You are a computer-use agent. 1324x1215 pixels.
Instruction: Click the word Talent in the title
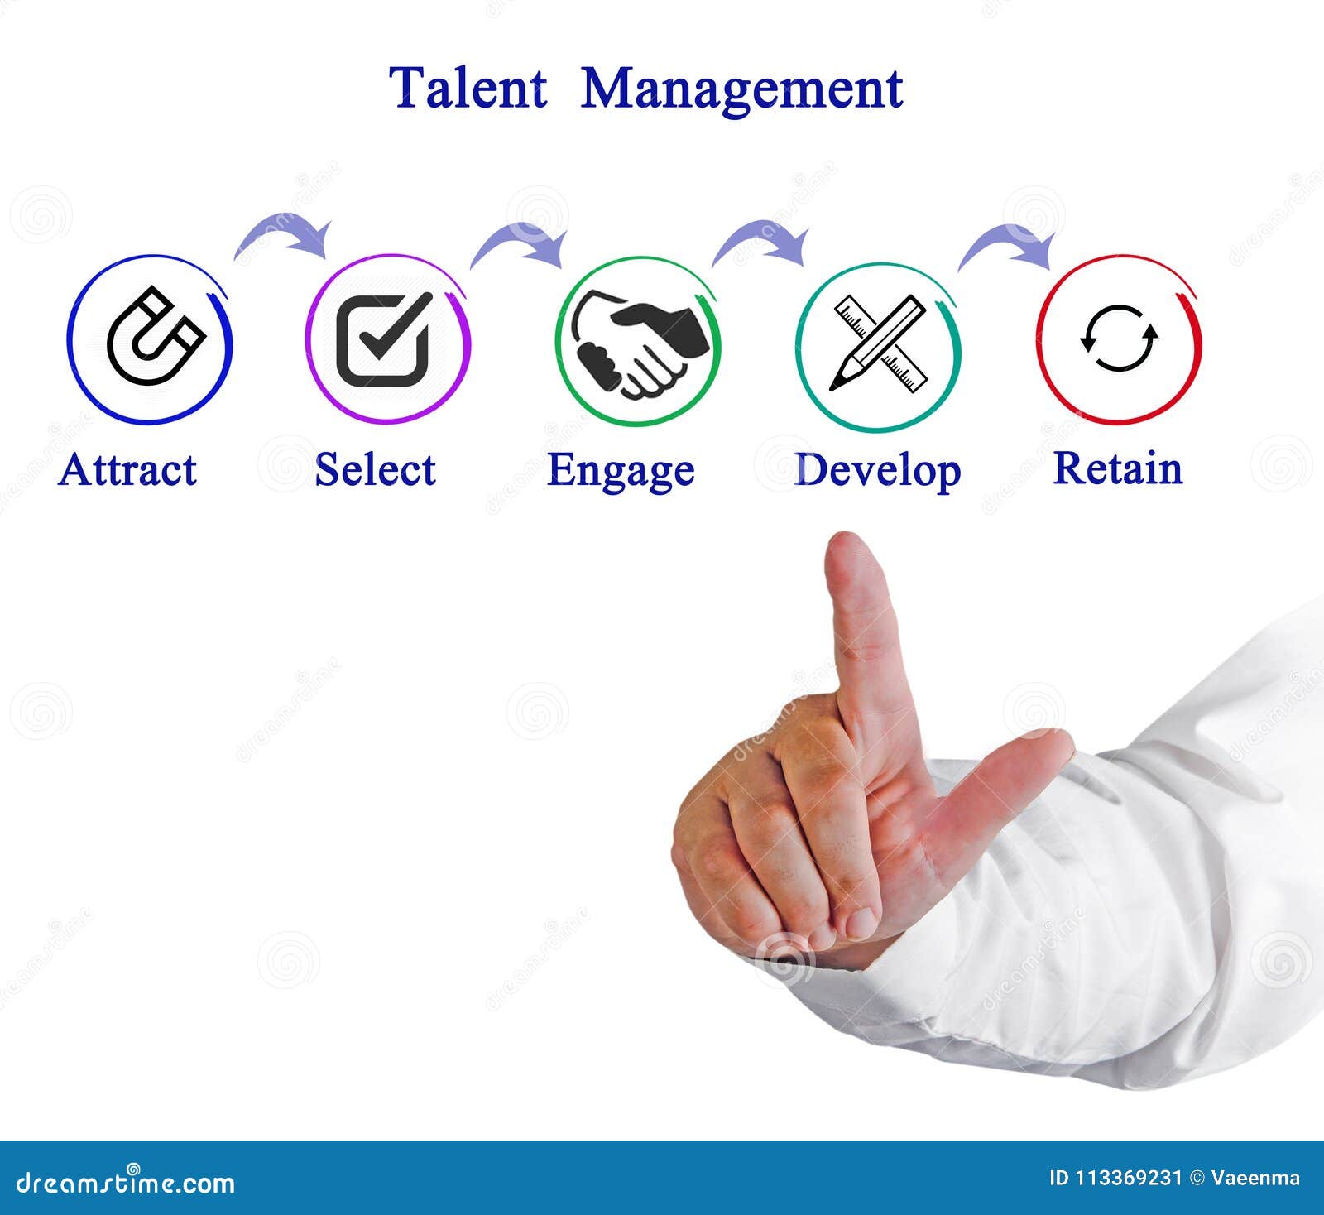[468, 88]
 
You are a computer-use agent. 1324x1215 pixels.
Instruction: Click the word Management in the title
[741, 89]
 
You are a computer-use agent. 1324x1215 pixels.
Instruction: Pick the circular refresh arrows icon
[1119, 339]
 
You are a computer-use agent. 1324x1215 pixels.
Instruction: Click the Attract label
[128, 470]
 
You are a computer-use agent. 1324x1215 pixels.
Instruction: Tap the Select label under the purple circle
[375, 470]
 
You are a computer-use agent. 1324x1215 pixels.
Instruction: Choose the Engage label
[621, 472]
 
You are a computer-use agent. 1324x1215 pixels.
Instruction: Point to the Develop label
[877, 472]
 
